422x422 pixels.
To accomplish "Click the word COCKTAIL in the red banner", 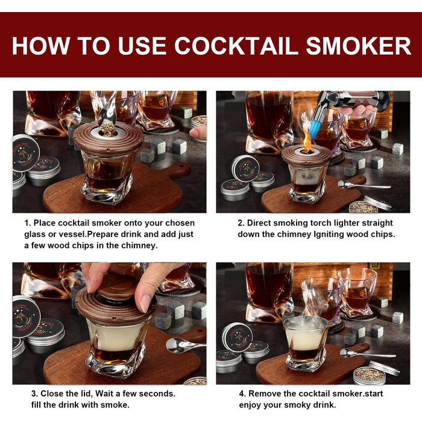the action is [236, 46].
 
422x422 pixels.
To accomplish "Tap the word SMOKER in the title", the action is [359, 46].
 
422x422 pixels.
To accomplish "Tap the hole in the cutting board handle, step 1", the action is [181, 165].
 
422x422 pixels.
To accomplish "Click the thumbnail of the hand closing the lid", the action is [109, 323].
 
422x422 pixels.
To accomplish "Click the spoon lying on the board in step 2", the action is [364, 185].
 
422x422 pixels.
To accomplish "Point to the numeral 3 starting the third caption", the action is [34, 394].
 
